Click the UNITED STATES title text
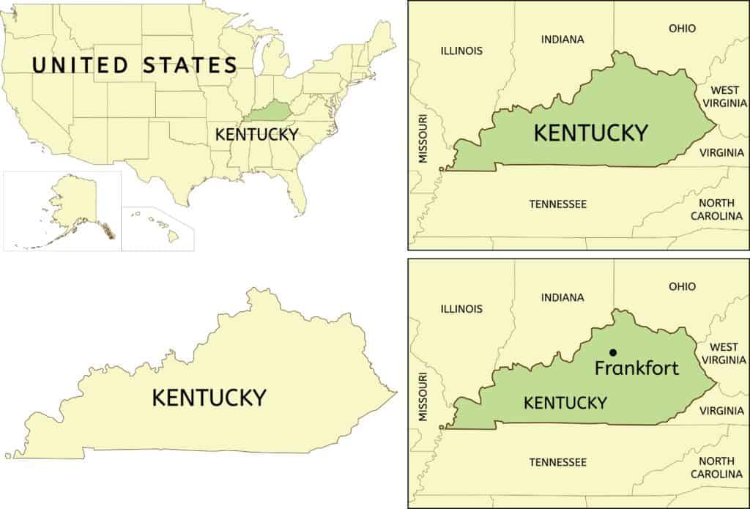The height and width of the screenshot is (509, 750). coord(134,65)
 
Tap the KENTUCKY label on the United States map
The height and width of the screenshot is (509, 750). coord(256,134)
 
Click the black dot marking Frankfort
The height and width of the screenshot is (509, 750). coord(613,353)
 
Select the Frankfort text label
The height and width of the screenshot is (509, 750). coord(636,368)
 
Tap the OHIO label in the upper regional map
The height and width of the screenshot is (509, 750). coord(682,29)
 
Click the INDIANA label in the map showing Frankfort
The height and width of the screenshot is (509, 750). coord(562,297)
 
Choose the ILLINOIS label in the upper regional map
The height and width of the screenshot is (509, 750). coord(461,51)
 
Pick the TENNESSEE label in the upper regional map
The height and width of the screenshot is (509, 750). coord(558,204)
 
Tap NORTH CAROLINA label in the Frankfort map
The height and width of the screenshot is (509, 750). coord(717,467)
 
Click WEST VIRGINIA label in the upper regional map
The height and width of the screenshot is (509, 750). coord(723,96)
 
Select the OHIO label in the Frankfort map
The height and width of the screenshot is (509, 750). coord(682,286)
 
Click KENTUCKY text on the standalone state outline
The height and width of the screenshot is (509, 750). coord(209,398)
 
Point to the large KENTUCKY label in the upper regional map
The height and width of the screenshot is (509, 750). coord(590,133)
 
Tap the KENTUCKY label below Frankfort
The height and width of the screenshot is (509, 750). coord(565,402)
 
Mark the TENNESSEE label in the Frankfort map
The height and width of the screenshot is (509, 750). coord(558,462)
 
